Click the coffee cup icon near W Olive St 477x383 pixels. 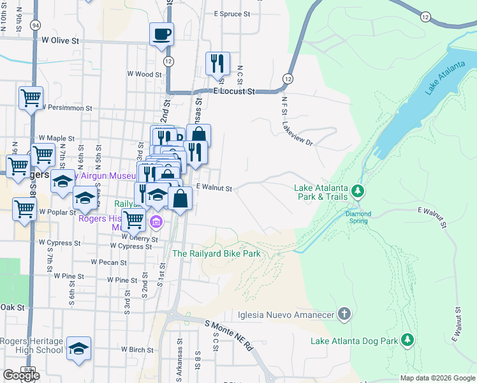click(161, 33)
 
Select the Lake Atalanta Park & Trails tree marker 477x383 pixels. click(358, 190)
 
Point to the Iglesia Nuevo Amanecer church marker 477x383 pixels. click(344, 314)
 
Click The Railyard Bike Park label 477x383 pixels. click(217, 253)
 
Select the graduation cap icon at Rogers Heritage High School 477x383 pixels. click(79, 349)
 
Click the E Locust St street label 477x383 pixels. click(234, 92)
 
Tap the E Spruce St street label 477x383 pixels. click(237, 13)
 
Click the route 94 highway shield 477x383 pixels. click(35, 25)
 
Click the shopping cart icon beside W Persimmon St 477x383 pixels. click(31, 98)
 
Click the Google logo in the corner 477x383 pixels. click(21, 375)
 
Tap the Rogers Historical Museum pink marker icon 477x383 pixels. click(156, 222)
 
